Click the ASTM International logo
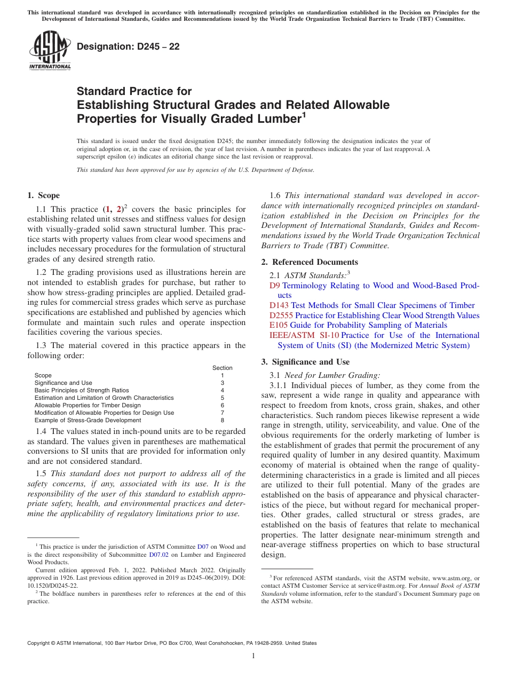coord(50,51)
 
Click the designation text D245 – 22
coord(128,46)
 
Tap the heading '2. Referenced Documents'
coord(310,262)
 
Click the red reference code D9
coord(274,286)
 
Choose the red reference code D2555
coord(281,315)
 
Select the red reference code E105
coord(279,325)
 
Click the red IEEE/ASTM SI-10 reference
coord(304,335)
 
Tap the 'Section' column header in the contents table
coord(222,368)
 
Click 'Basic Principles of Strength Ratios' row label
coord(81,390)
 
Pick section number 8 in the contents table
coord(222,420)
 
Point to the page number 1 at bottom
coord(253,656)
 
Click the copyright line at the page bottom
coord(172,643)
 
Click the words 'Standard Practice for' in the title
coord(134,91)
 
